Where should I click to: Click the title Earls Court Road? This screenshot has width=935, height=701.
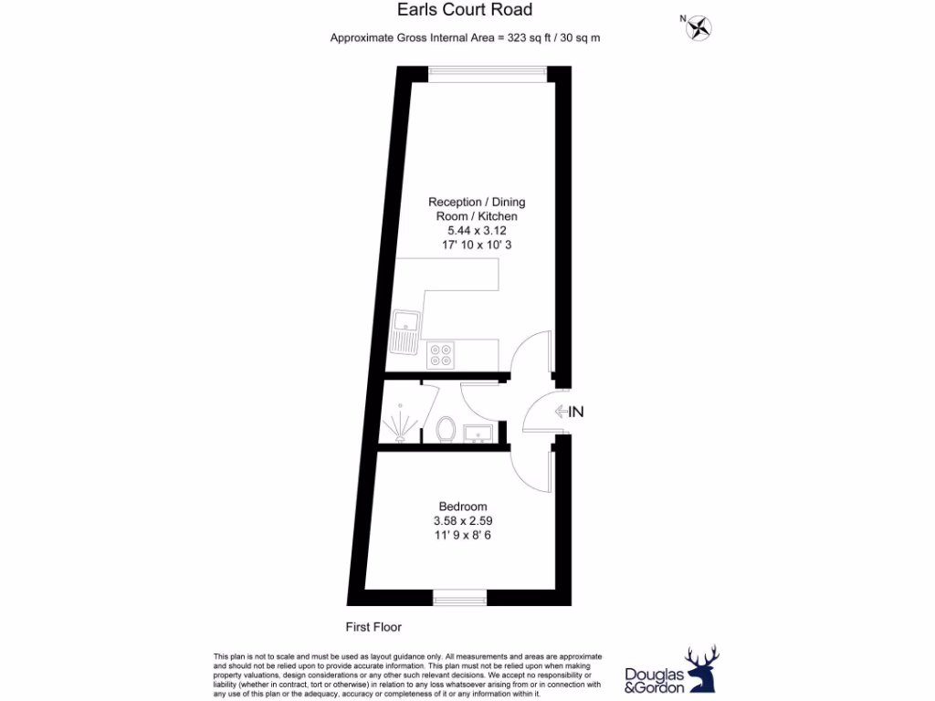pos(465,10)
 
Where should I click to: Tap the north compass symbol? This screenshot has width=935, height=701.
pos(700,27)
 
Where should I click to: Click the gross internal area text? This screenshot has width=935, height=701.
pos(465,37)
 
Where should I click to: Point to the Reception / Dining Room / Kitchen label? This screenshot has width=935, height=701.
pos(478,209)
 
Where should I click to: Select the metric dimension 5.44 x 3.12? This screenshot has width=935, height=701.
pos(478,231)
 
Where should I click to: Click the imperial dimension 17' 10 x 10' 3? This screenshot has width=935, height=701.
pos(478,246)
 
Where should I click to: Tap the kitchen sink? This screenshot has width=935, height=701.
pos(404,330)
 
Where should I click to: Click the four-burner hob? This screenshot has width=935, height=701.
pos(441,352)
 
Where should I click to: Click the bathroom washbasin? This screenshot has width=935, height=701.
pos(478,432)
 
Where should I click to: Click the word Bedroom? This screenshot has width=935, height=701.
pos(463,507)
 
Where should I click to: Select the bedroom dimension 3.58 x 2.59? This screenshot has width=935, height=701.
pos(463,521)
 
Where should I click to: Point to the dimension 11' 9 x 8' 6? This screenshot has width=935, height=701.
pos(463,536)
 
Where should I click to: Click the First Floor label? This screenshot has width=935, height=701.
pos(373,627)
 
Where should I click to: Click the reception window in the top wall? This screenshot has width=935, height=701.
pos(489,73)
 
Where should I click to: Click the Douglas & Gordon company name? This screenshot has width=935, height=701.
pos(654,680)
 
